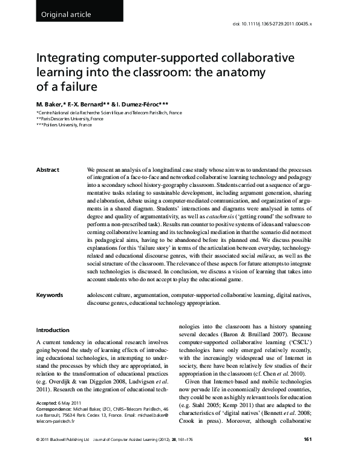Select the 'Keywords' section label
[x=50, y=296]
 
